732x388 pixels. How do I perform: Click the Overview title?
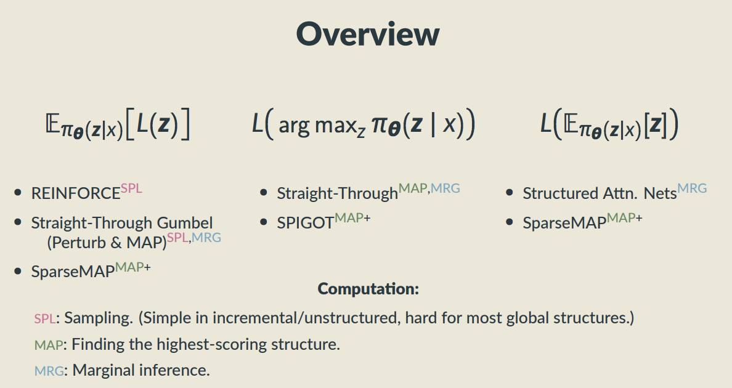368,34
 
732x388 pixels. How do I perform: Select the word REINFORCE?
76,193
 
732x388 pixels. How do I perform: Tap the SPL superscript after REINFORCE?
131,188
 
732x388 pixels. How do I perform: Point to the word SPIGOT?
306,223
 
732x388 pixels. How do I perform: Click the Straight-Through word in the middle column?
337,193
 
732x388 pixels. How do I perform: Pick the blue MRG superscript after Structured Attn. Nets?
692,188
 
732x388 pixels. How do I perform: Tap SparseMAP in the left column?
73,272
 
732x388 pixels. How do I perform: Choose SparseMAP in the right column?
564,223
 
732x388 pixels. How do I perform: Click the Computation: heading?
368,289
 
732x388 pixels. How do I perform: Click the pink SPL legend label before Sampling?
45,318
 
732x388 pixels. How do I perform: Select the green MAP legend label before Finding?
49,345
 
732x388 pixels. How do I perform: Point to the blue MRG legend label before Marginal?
49,371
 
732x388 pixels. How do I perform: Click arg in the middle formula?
294,126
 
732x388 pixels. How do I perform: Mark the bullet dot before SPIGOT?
263,222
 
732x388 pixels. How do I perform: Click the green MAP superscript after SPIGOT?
349,218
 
